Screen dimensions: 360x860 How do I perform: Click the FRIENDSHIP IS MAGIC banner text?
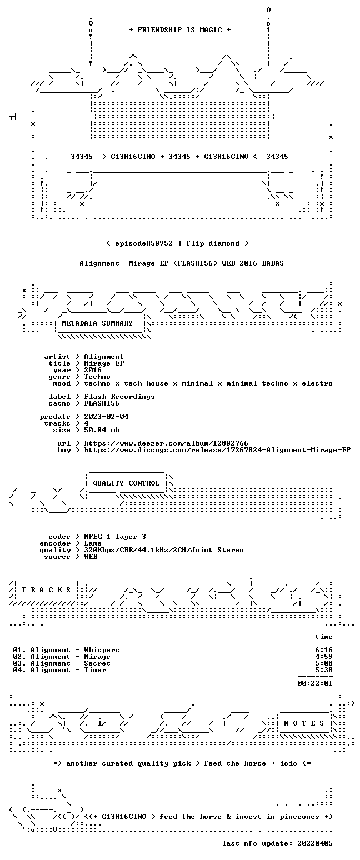(179, 30)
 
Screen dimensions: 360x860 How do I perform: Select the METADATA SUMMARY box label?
(97, 323)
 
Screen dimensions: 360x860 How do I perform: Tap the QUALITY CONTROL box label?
(126, 483)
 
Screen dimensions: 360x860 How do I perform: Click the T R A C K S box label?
(47, 589)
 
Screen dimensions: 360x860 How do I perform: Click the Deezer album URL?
(166, 443)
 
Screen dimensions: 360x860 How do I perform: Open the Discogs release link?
(217, 450)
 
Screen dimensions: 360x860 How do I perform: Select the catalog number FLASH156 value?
(102, 403)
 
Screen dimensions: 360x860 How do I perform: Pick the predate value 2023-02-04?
(106, 417)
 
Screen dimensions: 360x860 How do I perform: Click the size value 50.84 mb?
(102, 430)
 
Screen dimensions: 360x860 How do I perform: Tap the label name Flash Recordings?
(119, 397)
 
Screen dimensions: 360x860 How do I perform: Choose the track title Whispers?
(102, 650)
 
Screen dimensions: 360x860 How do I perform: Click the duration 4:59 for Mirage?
(324, 657)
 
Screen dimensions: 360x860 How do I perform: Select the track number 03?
(18, 663)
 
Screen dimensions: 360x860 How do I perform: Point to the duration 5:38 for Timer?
(324, 670)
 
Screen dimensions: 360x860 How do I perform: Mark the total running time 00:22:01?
(315, 683)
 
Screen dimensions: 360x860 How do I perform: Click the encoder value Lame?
(93, 544)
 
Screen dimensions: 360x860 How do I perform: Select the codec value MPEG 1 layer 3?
(115, 537)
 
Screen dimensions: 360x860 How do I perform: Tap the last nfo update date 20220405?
(315, 843)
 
